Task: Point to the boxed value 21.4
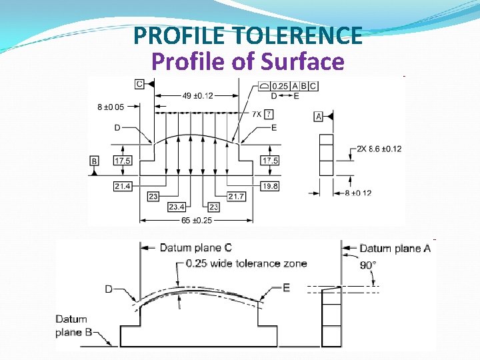(x=122, y=187)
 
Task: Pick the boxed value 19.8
(x=270, y=187)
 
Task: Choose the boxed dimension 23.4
(x=177, y=207)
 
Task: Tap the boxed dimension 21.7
(x=236, y=197)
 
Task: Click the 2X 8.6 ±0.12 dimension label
(x=379, y=149)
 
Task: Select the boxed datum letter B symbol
(x=95, y=161)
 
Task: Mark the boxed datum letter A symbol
(x=318, y=117)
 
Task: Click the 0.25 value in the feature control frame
(x=281, y=86)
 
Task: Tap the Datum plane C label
(x=195, y=248)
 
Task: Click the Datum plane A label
(x=395, y=248)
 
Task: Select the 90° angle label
(x=368, y=265)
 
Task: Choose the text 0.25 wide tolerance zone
(x=246, y=263)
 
